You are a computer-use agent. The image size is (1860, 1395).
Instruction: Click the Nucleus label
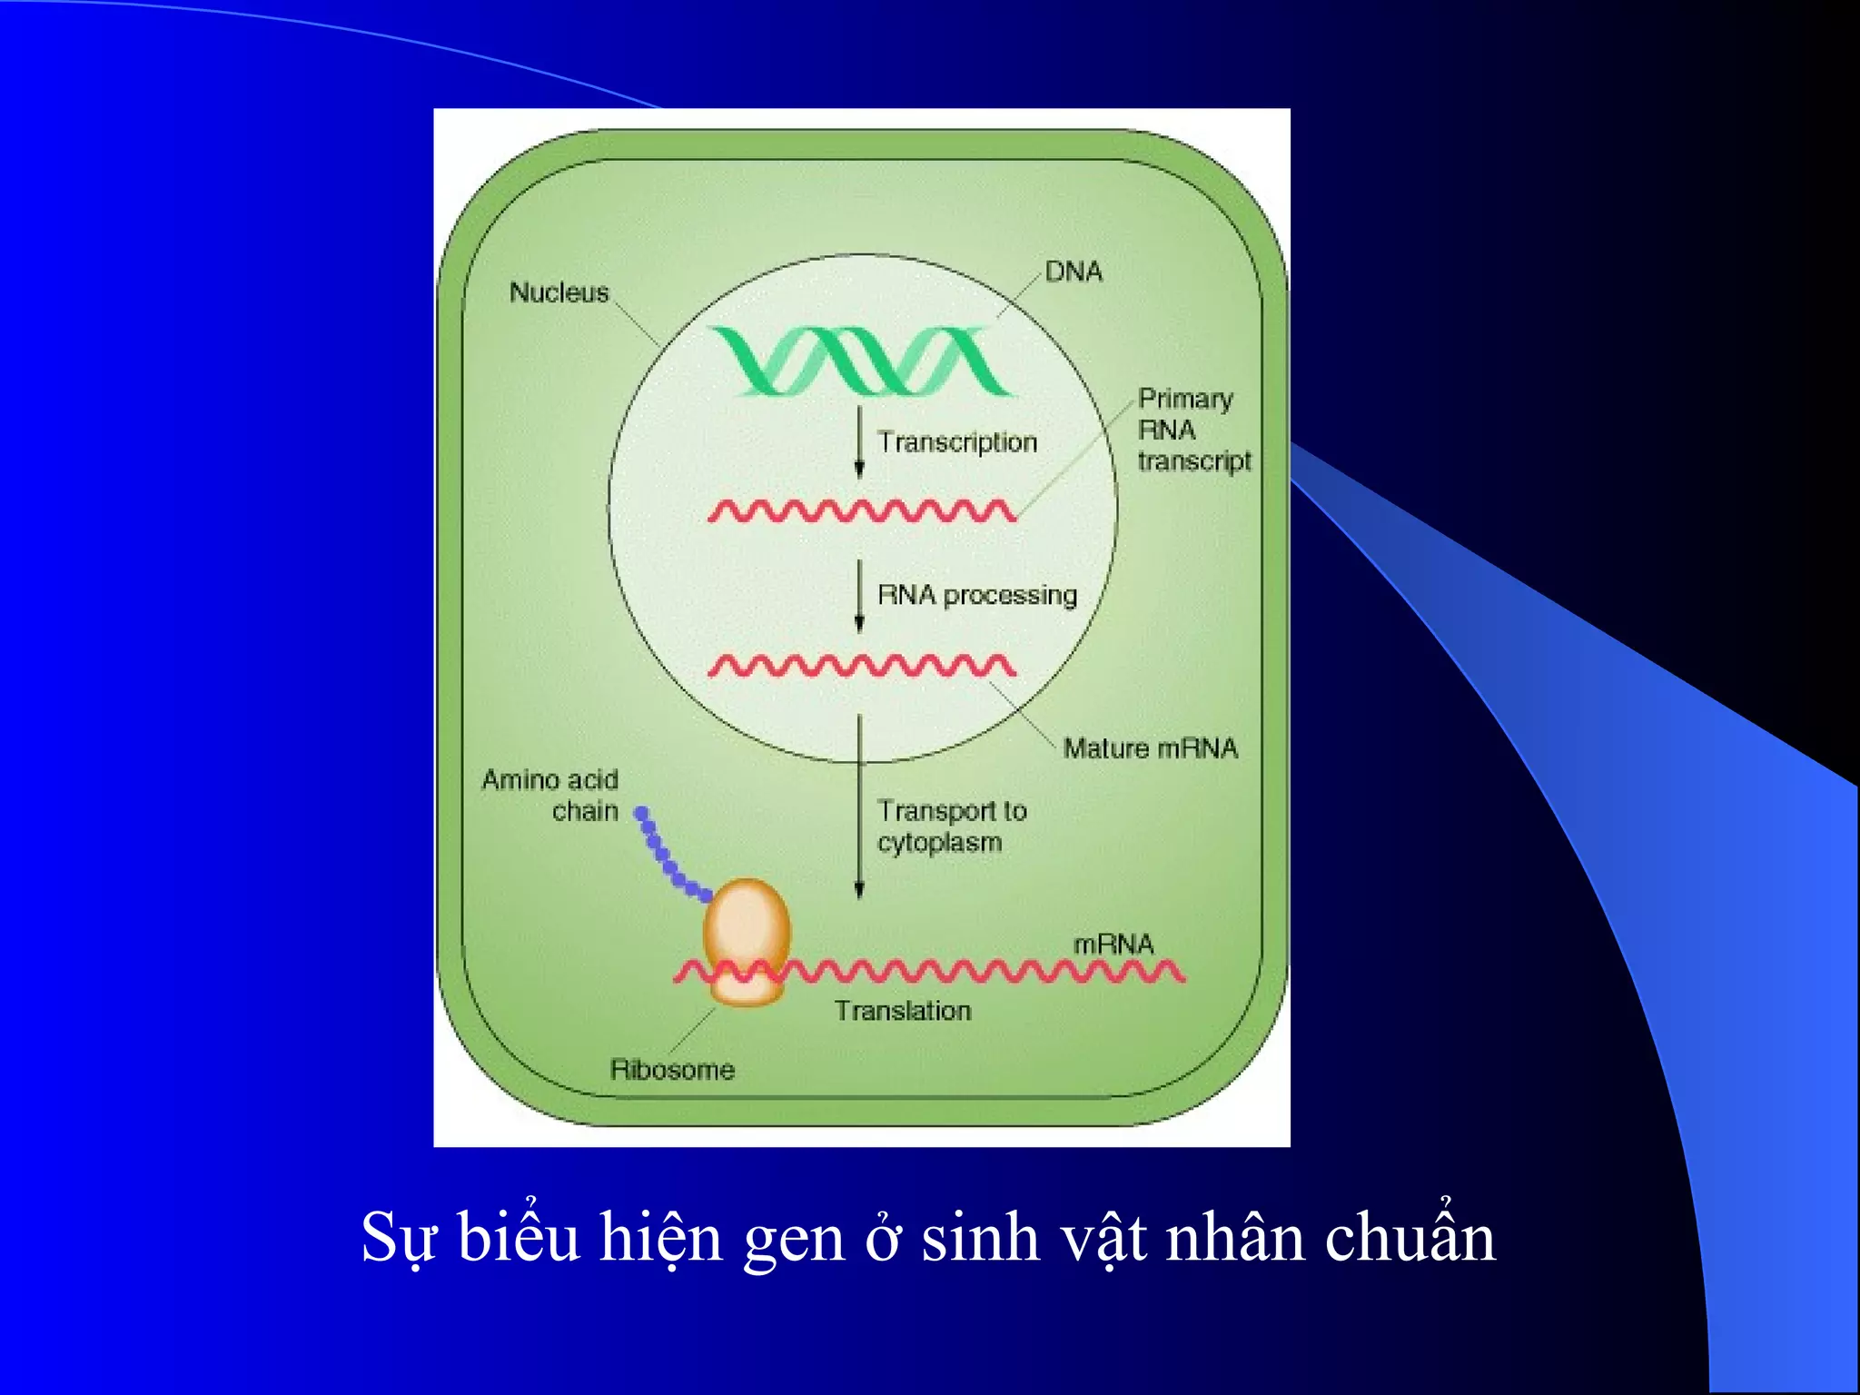[559, 292]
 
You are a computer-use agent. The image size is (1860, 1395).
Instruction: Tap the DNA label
[1073, 272]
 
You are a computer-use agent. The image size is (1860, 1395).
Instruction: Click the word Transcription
[956, 442]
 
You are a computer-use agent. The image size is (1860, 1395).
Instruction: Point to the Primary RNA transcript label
[1193, 430]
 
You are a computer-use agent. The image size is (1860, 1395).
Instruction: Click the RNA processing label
[976, 595]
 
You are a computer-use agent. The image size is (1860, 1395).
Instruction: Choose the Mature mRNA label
[1150, 748]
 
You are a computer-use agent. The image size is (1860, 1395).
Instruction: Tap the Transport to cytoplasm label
[951, 826]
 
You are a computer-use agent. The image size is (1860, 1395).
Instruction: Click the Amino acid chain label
[551, 795]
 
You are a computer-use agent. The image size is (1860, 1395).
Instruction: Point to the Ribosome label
[672, 1070]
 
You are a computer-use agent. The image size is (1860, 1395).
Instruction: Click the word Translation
[903, 1011]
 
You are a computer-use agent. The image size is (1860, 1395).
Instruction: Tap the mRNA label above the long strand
[1113, 945]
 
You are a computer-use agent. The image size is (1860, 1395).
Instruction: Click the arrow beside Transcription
[859, 442]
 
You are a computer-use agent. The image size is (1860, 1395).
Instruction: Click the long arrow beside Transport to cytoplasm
[859, 808]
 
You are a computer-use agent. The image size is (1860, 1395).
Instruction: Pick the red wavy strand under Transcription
[861, 511]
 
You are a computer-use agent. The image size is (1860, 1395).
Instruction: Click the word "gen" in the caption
[793, 1239]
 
